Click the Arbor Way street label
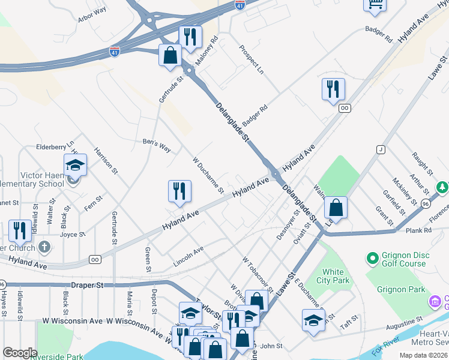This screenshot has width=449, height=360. [92, 14]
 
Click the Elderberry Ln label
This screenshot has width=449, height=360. [55, 145]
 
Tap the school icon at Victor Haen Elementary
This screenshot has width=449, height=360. [75, 164]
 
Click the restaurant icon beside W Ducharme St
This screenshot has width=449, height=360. [179, 191]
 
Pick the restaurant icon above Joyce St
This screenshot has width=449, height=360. [20, 230]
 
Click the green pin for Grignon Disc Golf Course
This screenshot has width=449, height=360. [372, 259]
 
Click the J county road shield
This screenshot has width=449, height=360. [380, 149]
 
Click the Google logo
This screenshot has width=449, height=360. [20, 352]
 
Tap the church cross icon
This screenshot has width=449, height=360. [44, 247]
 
